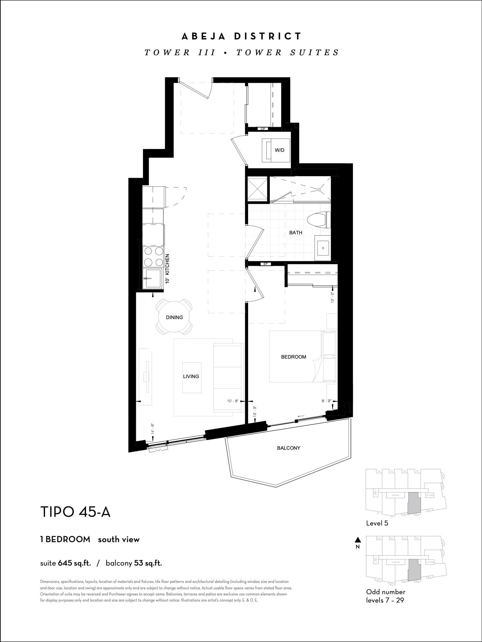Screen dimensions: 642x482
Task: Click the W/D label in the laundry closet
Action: tap(280, 150)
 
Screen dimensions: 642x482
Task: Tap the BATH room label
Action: tap(296, 232)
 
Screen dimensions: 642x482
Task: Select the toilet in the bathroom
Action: tap(318, 220)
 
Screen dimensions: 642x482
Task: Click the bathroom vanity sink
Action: tap(323, 248)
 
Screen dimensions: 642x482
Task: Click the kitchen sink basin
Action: tap(152, 278)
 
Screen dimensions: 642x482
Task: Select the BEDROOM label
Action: tap(293, 357)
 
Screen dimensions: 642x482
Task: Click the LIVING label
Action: tap(191, 376)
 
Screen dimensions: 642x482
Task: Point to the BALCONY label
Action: tap(289, 448)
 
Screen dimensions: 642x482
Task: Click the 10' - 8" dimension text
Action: tap(233, 401)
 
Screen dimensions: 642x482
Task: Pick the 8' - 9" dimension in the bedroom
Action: tap(326, 401)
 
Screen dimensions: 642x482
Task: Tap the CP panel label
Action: tap(263, 129)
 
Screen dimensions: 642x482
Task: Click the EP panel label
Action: tap(265, 264)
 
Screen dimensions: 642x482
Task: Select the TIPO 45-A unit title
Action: tap(75, 512)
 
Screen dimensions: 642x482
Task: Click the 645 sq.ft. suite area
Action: tap(74, 563)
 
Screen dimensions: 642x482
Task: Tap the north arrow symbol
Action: tap(358, 540)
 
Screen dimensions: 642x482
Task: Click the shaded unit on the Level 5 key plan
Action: tap(414, 503)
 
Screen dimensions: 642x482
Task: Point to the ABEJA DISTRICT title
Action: tap(242, 36)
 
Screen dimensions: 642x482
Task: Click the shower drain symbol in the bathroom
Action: tap(319, 190)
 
